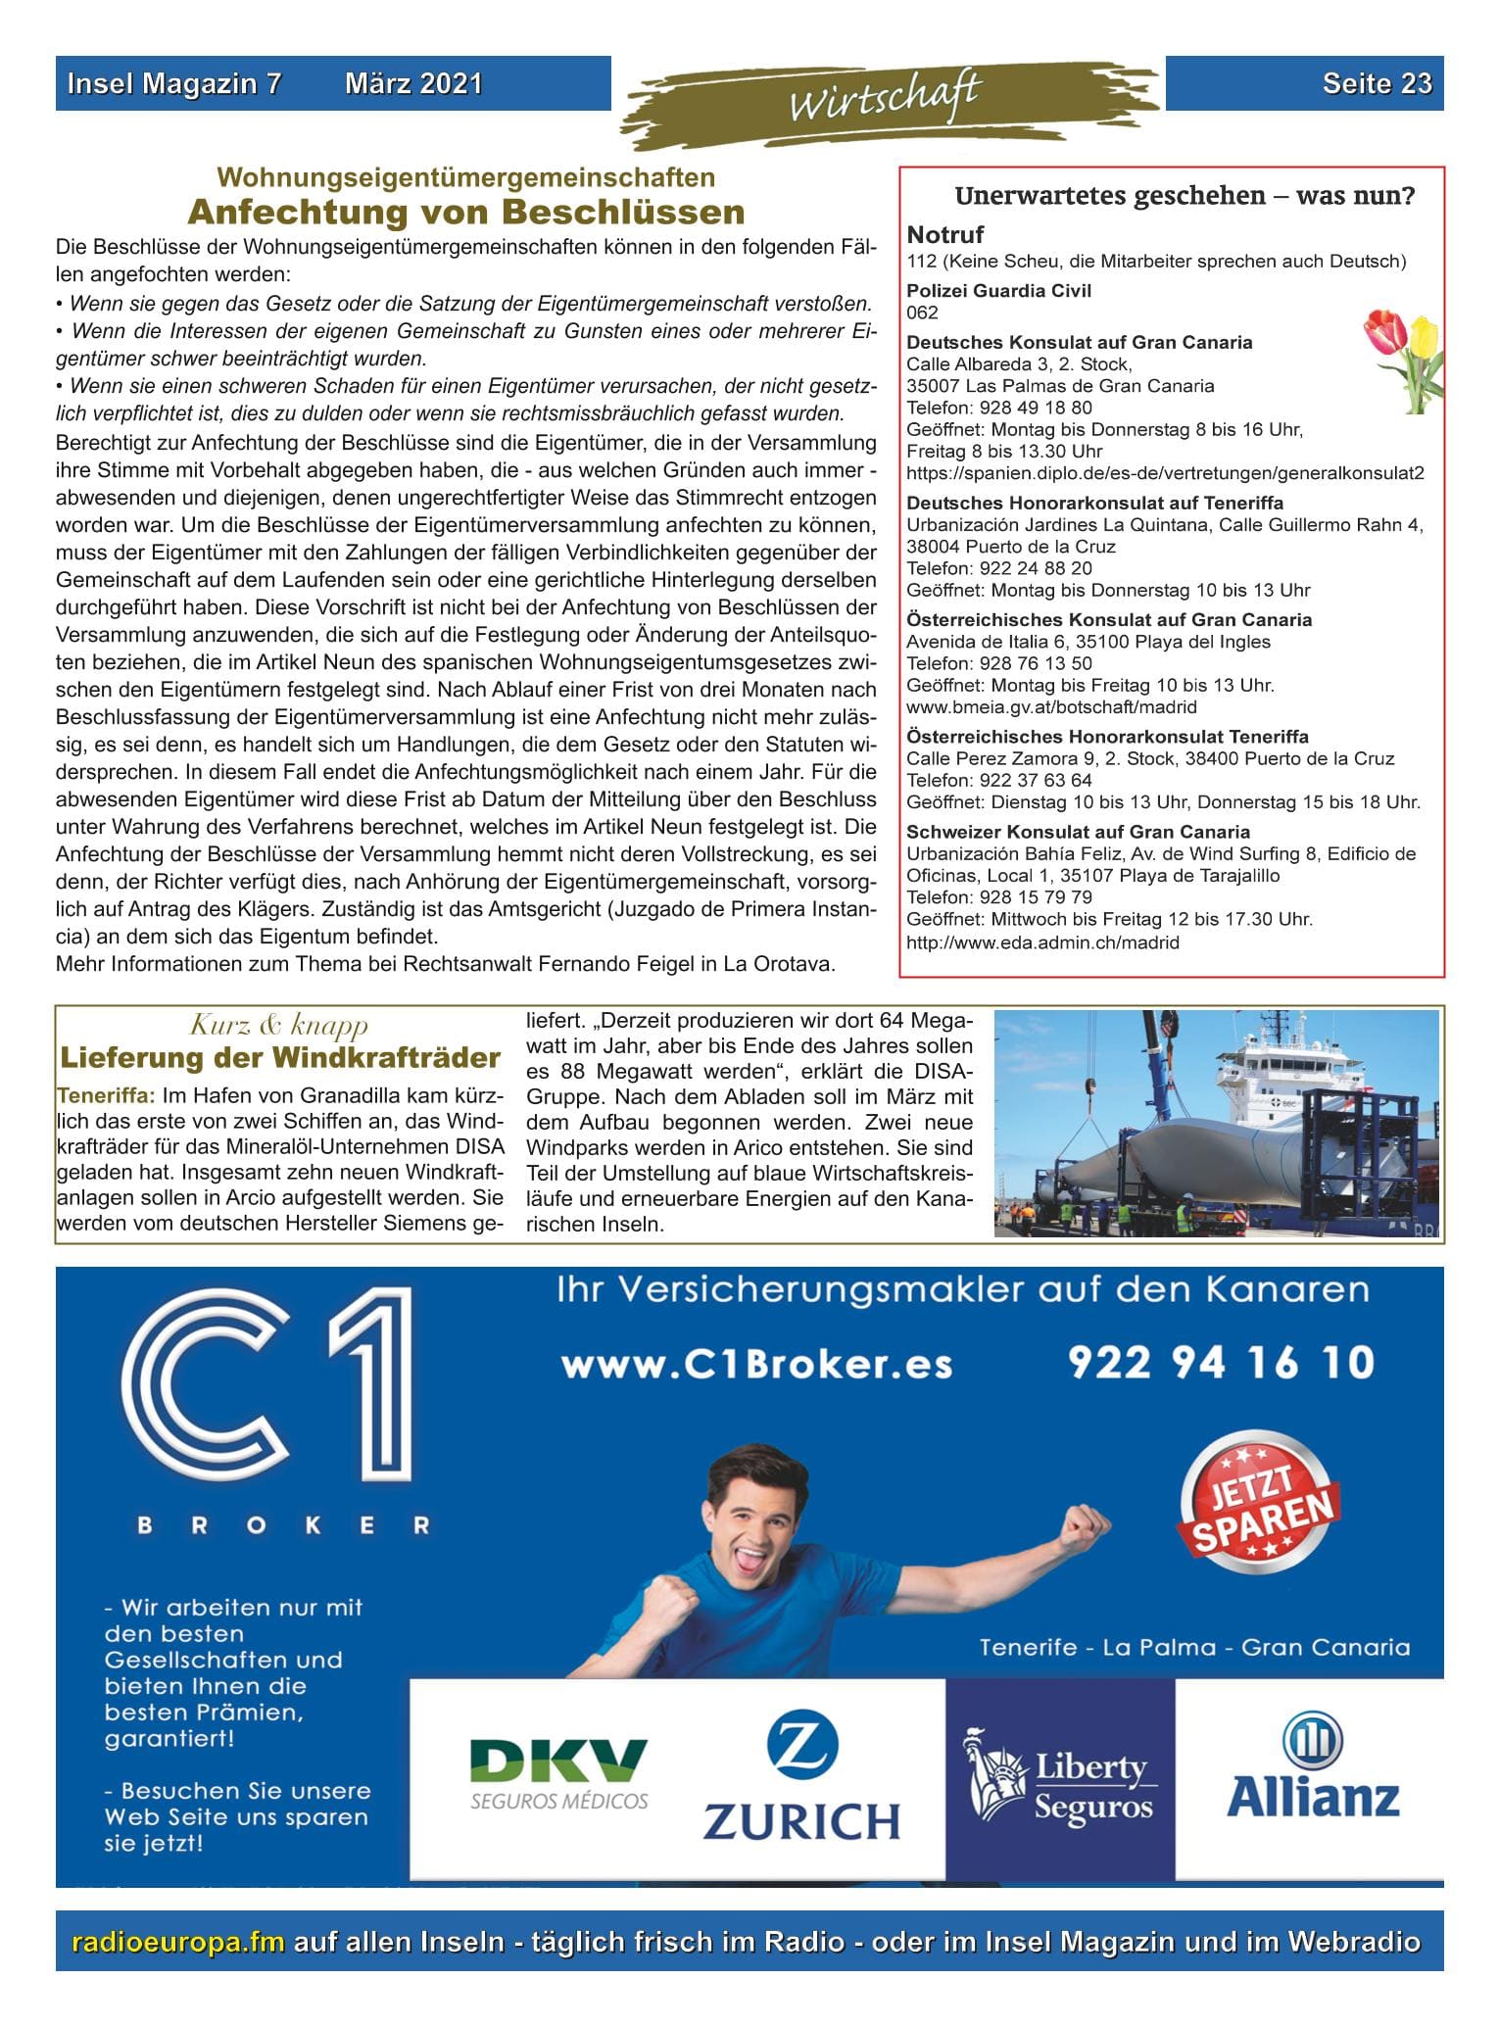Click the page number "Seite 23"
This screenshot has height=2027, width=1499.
1377,83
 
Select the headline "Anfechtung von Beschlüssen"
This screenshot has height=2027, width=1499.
466,212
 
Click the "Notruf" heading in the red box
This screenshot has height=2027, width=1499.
945,234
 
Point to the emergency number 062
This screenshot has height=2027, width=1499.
922,313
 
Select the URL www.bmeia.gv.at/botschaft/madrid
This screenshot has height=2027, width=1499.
1051,706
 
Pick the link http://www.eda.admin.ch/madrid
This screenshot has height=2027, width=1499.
1042,942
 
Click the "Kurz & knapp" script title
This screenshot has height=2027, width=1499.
279,1026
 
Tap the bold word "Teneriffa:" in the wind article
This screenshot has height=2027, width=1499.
106,1095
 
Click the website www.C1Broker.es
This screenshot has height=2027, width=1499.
756,1365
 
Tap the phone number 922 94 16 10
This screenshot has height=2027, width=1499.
1221,1363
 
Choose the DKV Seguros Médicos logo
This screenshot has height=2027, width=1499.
558,1772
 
